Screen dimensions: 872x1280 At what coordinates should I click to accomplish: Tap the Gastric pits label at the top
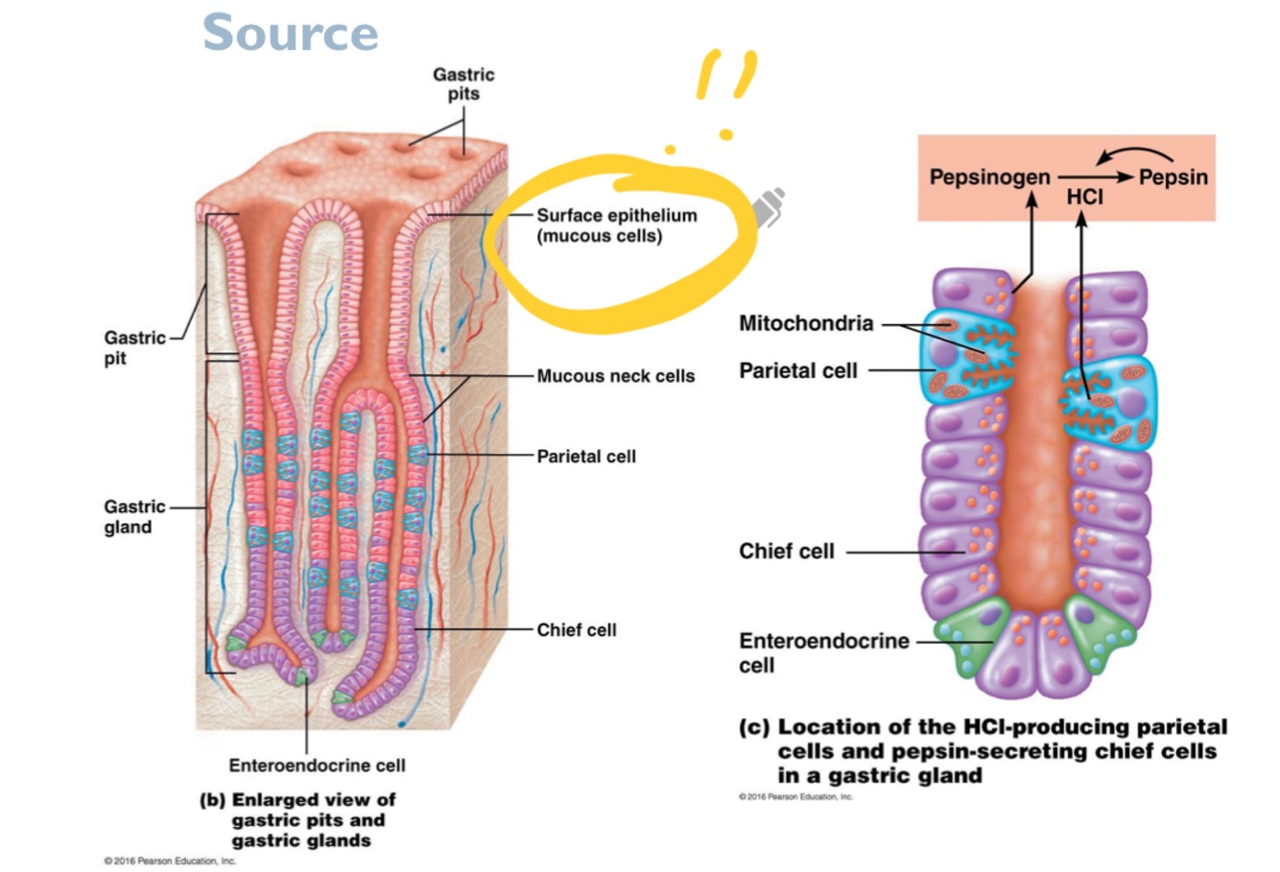point(463,83)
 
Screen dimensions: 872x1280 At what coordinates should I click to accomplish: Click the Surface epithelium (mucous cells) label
point(615,225)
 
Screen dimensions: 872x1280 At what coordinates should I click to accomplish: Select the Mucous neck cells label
point(615,376)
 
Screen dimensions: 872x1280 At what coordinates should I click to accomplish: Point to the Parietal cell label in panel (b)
point(586,457)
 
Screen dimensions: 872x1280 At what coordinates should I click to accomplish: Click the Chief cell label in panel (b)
point(576,630)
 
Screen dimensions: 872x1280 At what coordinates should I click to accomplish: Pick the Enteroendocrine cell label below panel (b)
point(317,766)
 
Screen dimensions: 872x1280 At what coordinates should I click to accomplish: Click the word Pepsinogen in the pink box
point(989,177)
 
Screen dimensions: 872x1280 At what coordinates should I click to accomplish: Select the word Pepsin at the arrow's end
point(1173,177)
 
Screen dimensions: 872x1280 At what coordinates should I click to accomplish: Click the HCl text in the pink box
point(1084,198)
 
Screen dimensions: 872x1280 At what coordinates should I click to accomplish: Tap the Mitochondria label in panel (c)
point(806,323)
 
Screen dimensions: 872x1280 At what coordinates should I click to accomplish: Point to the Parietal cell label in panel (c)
point(797,370)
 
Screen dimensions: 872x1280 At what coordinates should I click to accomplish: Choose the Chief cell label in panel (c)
point(787,552)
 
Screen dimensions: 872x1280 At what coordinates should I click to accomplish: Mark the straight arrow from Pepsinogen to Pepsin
point(1094,177)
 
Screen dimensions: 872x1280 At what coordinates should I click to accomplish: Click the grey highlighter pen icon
point(768,207)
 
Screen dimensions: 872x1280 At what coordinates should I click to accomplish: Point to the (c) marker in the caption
point(754,728)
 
